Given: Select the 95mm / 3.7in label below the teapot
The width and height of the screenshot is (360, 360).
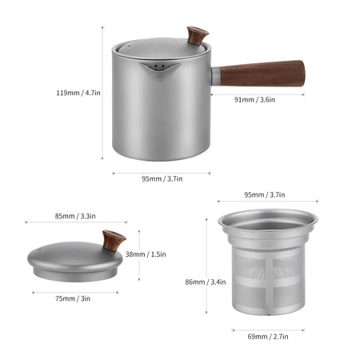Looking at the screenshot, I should coord(162,178).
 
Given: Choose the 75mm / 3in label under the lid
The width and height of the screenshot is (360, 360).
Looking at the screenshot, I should coord(73,298).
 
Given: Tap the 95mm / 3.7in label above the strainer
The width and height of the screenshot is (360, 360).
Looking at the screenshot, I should coord(266,194).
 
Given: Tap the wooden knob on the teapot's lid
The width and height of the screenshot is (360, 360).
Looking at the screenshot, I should coord(196,36).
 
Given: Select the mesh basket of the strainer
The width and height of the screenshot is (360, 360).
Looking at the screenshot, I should coord(267,280).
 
